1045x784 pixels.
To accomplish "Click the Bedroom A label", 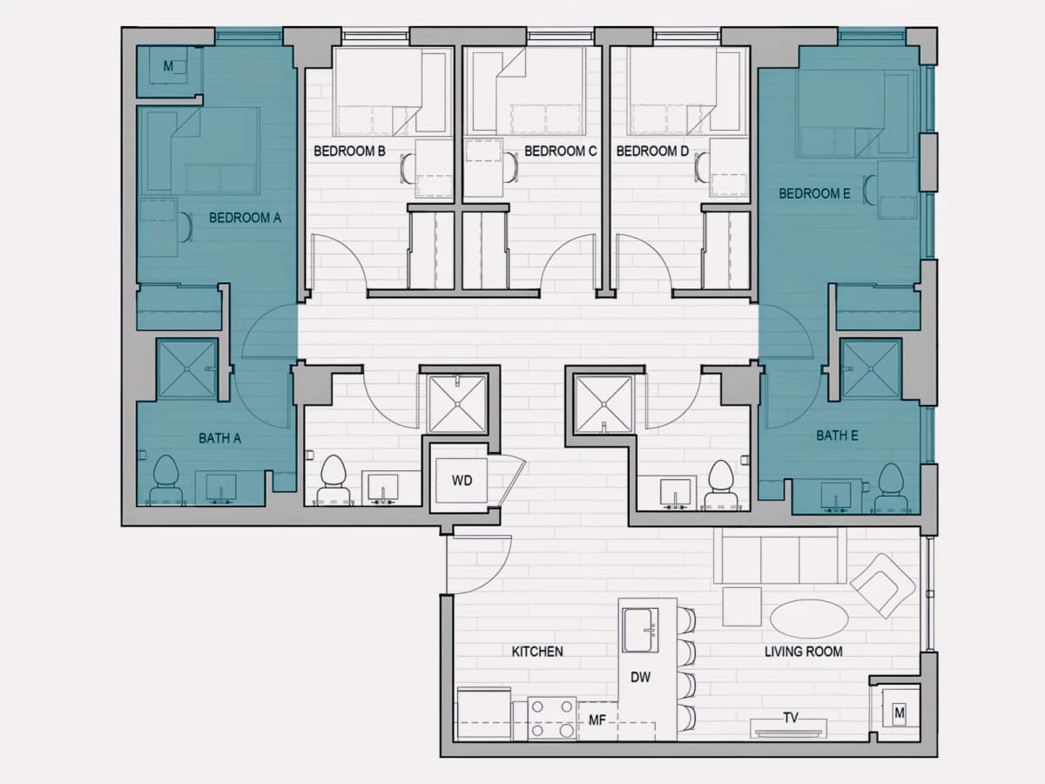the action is [x=245, y=218].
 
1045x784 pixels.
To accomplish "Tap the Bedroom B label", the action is [x=349, y=152].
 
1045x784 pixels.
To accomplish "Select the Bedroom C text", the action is [x=560, y=152].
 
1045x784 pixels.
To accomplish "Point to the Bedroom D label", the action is [x=653, y=152].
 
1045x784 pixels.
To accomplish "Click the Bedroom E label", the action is [x=814, y=193].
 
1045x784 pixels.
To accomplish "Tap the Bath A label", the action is [x=220, y=438].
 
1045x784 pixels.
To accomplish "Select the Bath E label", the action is [x=838, y=436].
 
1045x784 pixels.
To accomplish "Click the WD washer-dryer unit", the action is [x=462, y=480].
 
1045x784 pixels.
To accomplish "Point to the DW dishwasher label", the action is [x=640, y=678].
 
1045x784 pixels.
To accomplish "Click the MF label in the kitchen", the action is [x=597, y=720].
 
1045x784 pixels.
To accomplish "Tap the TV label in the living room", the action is [x=791, y=718].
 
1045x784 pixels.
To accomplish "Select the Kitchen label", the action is [x=537, y=652].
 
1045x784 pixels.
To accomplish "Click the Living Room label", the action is [x=804, y=652].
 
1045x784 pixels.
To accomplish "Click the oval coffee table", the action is [x=809, y=618].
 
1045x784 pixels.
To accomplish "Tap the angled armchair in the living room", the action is [x=883, y=586].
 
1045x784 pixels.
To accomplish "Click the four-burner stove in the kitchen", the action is [x=552, y=719].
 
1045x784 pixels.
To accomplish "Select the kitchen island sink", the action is [x=640, y=630].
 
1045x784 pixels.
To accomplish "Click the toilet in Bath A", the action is [x=165, y=480].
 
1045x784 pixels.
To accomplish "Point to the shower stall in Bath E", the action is [x=871, y=368].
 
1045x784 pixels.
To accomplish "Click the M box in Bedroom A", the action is [x=168, y=65].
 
